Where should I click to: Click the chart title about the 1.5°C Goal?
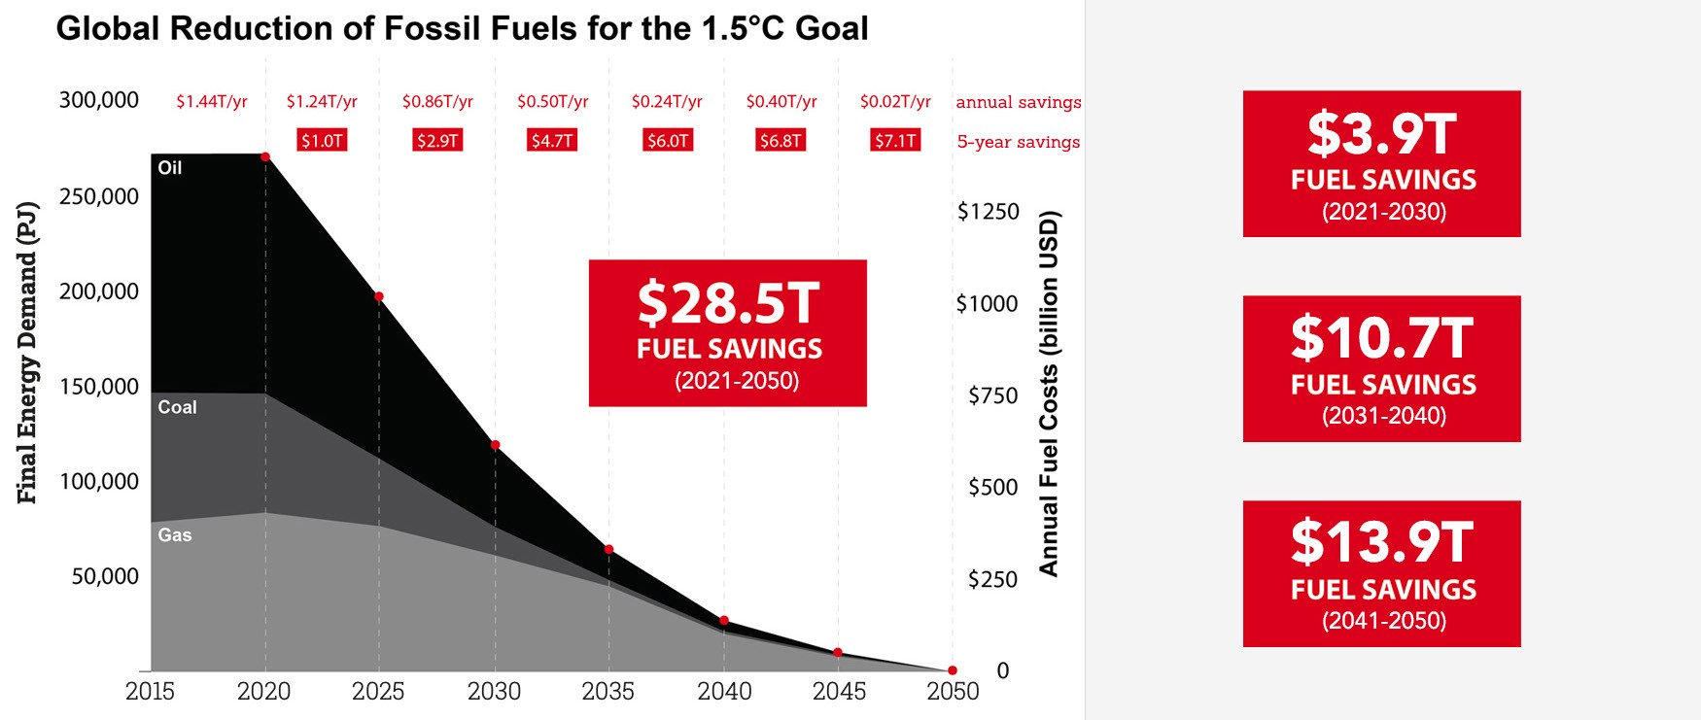(x=462, y=28)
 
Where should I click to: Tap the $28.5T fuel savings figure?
(x=728, y=303)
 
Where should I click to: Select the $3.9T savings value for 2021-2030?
(x=1381, y=134)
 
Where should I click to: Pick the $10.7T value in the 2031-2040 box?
(x=1381, y=338)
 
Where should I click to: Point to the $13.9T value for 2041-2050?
(x=1381, y=542)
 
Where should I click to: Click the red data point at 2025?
(x=379, y=296)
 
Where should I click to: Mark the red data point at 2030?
(x=495, y=445)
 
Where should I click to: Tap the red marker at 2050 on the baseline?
(x=953, y=670)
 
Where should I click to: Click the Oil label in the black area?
(x=170, y=168)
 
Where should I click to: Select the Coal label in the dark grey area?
(x=177, y=407)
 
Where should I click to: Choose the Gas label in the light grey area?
(x=175, y=534)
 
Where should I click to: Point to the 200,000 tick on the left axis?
(x=99, y=291)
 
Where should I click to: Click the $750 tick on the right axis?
(x=993, y=395)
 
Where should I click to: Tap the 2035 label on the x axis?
(x=608, y=691)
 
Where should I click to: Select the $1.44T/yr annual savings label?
(x=212, y=102)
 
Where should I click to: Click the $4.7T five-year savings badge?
(x=552, y=141)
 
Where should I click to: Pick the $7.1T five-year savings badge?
(x=895, y=141)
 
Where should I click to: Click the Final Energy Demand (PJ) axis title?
(x=27, y=353)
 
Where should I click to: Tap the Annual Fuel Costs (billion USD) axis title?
(x=1049, y=394)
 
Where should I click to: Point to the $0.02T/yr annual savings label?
(x=895, y=102)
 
